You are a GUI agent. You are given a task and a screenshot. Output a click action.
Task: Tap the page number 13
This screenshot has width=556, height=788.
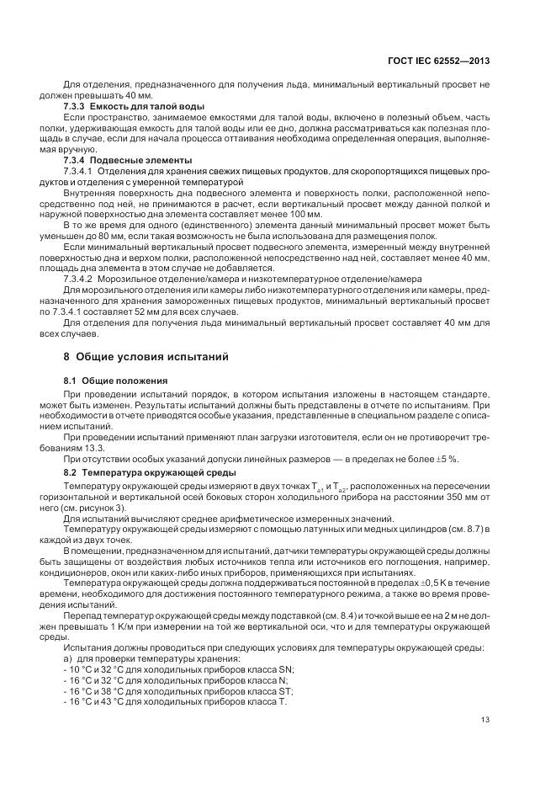tap(485, 719)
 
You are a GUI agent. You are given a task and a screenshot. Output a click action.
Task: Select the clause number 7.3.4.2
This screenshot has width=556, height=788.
tap(80, 278)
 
